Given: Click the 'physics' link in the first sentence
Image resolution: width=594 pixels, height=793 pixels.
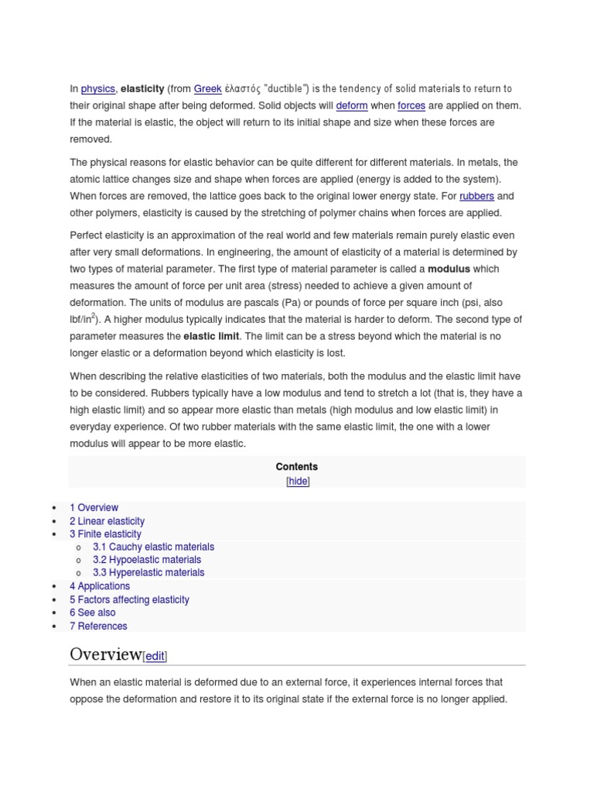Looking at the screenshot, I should click(x=97, y=89).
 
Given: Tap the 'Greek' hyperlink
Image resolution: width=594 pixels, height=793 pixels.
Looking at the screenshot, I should click(x=207, y=89).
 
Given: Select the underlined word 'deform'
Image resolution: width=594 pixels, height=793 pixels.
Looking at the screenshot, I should click(x=352, y=106).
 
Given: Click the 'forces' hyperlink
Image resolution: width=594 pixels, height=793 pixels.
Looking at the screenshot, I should click(x=411, y=106).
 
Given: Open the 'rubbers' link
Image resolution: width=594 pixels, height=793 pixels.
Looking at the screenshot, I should click(x=476, y=197).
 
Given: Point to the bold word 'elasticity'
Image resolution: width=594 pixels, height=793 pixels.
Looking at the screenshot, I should click(x=142, y=89).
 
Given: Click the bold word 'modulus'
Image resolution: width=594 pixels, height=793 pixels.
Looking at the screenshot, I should click(x=449, y=269).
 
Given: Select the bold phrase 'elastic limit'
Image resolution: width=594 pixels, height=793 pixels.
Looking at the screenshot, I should click(x=212, y=337).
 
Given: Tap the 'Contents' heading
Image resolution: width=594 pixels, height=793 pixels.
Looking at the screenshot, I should click(x=296, y=467).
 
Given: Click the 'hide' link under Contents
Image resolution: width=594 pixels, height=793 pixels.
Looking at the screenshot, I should click(x=298, y=482).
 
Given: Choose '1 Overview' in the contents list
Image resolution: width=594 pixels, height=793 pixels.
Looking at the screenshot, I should click(x=94, y=508).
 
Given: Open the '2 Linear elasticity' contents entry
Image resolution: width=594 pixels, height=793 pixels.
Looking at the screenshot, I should click(x=107, y=521).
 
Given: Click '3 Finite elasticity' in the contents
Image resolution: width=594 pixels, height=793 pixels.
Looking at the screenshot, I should click(x=105, y=534).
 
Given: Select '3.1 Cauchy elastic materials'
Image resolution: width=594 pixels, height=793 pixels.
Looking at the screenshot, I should click(x=153, y=548).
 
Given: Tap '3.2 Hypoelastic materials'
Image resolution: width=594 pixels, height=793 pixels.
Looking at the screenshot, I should click(x=147, y=560).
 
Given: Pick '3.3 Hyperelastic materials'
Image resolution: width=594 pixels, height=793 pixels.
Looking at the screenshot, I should click(x=148, y=573).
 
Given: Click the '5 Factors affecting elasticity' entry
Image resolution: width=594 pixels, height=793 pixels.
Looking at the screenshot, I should click(x=129, y=600).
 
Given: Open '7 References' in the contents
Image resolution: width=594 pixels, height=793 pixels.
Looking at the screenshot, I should click(x=98, y=627).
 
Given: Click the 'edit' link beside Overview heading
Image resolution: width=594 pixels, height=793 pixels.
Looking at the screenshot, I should click(x=155, y=657).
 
